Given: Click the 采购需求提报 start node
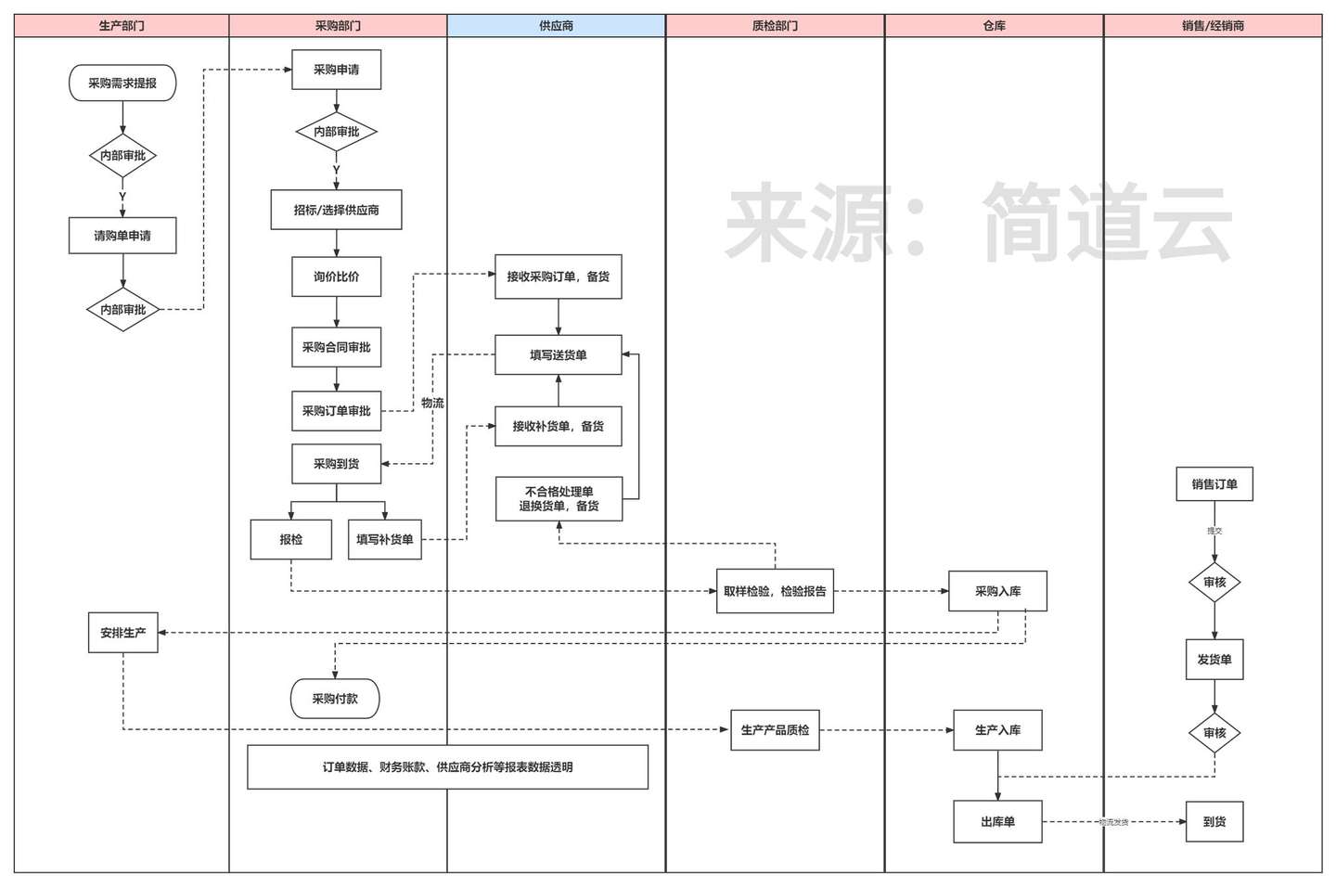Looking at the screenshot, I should [x=122, y=84].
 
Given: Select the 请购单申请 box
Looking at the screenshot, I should [x=122, y=236].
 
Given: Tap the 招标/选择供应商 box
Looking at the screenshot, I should [x=336, y=210].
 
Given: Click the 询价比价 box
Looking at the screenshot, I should [x=336, y=276].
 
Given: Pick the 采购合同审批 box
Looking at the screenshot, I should [x=336, y=347].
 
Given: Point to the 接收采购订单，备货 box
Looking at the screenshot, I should [x=558, y=276].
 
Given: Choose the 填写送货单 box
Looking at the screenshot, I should [x=558, y=354].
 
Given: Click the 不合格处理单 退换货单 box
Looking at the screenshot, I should [x=559, y=499].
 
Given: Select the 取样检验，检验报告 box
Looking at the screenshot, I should [x=775, y=591].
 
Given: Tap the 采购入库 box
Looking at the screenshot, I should [x=997, y=591].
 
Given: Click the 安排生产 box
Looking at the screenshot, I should [x=122, y=633].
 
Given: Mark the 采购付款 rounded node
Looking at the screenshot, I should [x=335, y=699].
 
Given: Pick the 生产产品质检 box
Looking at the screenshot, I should [x=775, y=730].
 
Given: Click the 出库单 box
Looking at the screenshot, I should [x=997, y=822].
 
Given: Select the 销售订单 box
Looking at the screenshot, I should [x=1214, y=484].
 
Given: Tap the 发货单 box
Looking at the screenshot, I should [x=1214, y=660].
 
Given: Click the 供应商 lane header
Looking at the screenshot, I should [x=556, y=26].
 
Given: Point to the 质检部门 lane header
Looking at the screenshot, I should [x=775, y=26].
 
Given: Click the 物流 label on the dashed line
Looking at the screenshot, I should [x=432, y=403].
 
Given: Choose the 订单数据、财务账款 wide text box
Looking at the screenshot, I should [x=447, y=767].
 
